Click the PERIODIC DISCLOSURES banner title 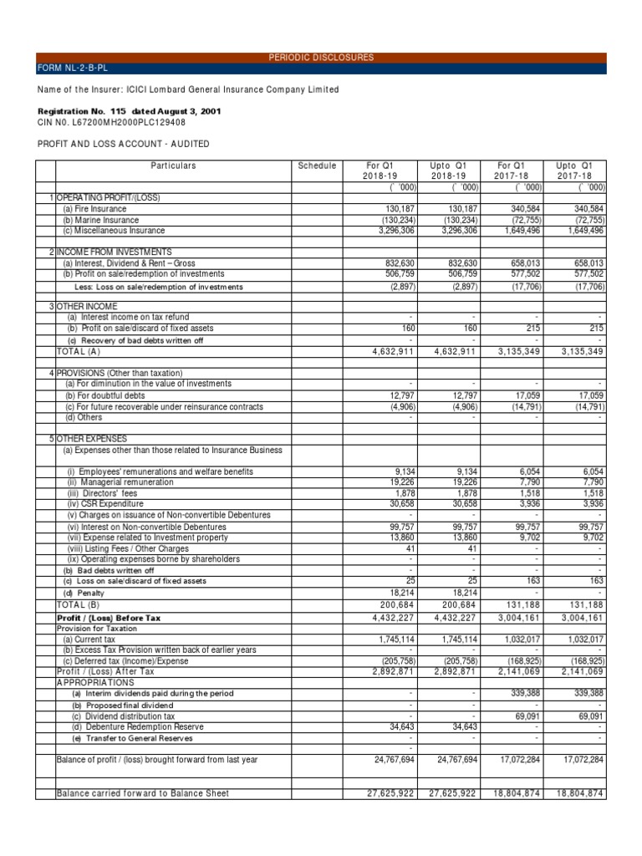321,58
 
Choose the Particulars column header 173,166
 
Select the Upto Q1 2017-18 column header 574,171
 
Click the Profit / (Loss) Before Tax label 107,618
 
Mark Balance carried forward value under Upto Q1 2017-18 574,793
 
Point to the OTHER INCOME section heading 87,306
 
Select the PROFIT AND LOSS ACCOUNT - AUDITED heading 124,144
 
